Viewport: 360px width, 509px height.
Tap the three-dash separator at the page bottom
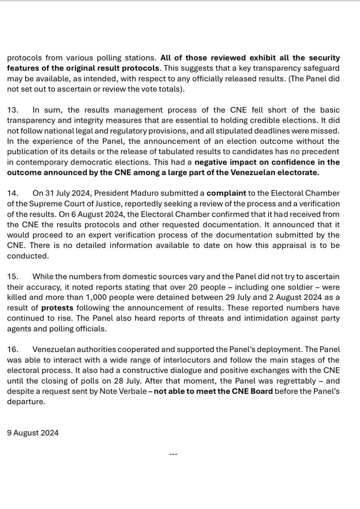click(173, 454)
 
